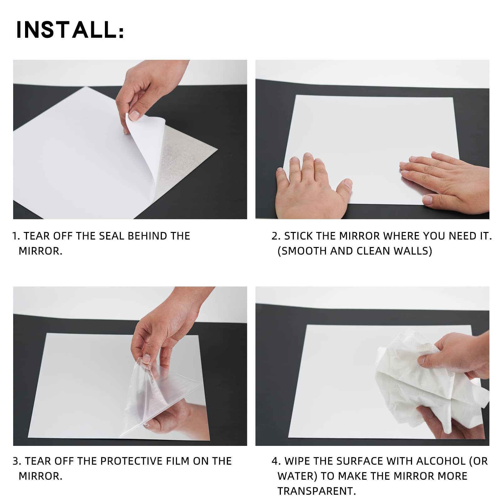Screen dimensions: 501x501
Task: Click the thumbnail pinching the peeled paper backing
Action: pyautogui.click(x=134, y=115)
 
